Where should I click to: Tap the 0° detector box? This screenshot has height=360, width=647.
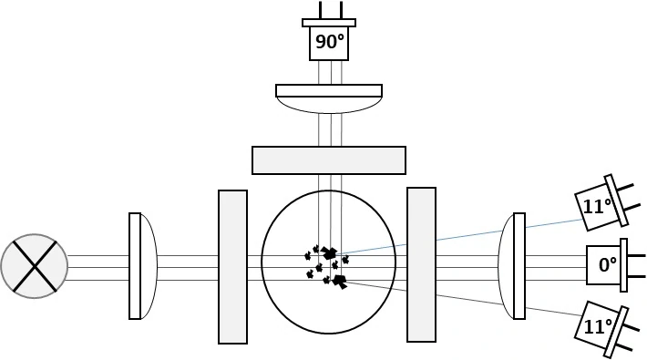[602, 265]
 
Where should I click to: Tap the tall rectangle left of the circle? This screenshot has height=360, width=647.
[232, 266]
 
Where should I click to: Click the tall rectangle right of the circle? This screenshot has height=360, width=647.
[421, 264]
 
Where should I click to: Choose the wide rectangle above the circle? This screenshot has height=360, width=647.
[328, 159]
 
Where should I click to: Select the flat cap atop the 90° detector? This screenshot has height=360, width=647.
[328, 23]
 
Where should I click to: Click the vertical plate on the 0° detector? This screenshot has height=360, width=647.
[624, 265]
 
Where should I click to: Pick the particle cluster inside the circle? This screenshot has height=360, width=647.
[328, 264]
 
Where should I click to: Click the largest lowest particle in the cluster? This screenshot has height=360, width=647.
[342, 282]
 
